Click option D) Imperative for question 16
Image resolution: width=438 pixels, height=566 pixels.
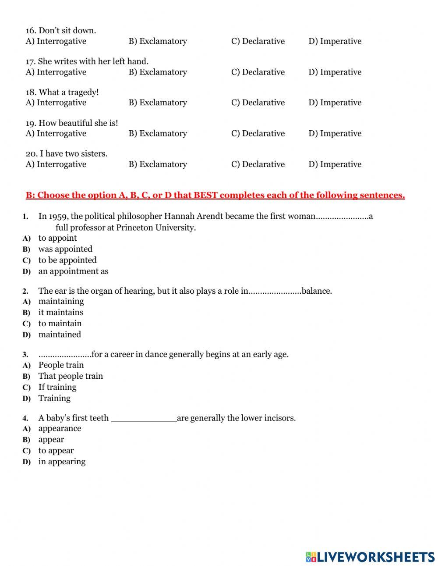click(x=335, y=41)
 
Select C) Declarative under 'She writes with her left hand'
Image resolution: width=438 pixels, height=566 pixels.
click(x=258, y=72)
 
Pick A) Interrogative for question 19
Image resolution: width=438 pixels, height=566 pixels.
click(x=56, y=133)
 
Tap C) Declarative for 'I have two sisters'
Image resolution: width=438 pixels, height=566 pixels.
click(x=258, y=164)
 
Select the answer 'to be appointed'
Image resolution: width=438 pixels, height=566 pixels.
click(x=67, y=260)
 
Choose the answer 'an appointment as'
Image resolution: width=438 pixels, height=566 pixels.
click(x=73, y=271)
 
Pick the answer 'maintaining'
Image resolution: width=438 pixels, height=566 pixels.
click(x=61, y=301)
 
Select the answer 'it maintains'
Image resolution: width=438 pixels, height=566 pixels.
click(x=60, y=312)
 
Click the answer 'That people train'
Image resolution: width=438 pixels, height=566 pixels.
click(x=71, y=376)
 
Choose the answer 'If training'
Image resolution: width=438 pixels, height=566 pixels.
click(x=57, y=387)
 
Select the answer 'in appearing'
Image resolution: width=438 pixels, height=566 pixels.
click(x=62, y=461)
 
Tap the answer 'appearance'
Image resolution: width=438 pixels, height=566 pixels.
click(x=60, y=428)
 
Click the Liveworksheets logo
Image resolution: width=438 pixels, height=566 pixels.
click(x=370, y=557)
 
